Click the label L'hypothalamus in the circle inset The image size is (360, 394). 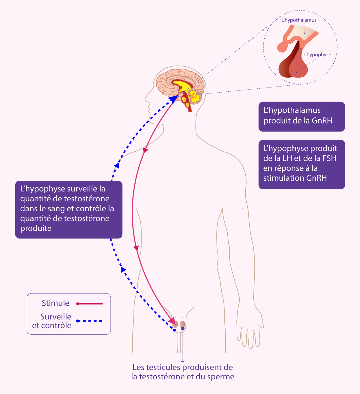click(x=299, y=20)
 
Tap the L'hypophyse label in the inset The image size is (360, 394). click(x=317, y=55)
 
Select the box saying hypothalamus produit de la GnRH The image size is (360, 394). click(x=301, y=116)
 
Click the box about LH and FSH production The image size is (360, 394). click(x=301, y=164)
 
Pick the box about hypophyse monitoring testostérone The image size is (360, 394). click(x=69, y=209)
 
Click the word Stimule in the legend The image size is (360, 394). click(x=55, y=303)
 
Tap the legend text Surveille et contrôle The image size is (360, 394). click(x=52, y=321)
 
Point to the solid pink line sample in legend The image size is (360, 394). click(x=90, y=304)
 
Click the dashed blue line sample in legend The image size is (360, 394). click(x=90, y=321)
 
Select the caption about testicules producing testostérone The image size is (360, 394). click(x=183, y=372)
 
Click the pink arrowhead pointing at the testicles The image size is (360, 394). click(x=172, y=321)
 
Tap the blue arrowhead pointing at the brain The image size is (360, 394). click(x=173, y=99)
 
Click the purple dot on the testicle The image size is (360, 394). click(x=183, y=328)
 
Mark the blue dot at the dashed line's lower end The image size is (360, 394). click(x=174, y=330)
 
